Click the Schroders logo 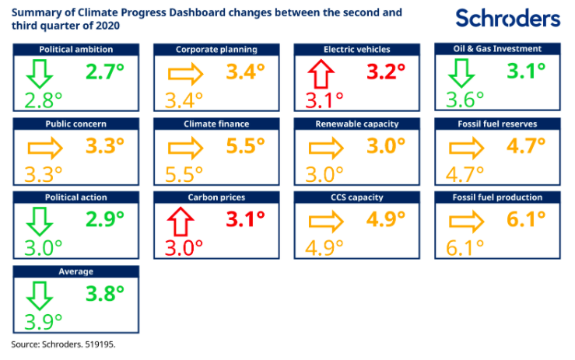507,18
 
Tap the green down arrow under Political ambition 38,74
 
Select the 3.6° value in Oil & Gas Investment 465,99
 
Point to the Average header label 76,271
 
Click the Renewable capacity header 357,123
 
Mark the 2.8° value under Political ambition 44,99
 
